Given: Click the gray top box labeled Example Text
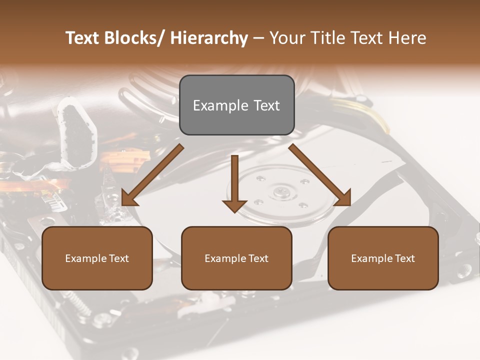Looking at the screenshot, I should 236,105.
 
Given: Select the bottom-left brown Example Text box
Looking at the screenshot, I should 97,258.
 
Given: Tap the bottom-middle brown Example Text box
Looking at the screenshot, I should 236,258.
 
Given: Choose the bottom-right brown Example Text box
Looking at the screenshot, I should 383,258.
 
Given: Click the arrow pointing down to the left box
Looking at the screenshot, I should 152,175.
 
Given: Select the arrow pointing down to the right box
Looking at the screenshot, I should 320,175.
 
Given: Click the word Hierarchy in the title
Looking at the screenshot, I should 208,38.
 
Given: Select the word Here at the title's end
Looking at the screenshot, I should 406,38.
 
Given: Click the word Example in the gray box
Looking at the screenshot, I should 220,105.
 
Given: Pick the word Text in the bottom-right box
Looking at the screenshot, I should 404,258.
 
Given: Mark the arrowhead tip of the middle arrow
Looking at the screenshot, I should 234,212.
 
